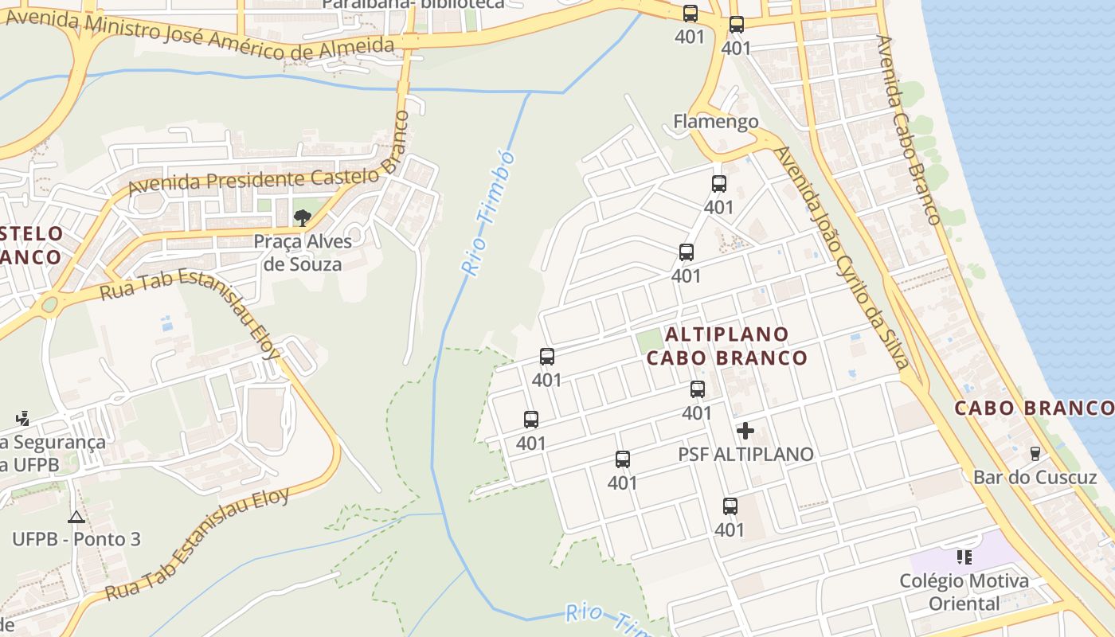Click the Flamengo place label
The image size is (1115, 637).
click(716, 122)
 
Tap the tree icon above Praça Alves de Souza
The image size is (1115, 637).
click(302, 217)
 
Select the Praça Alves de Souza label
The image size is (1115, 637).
click(303, 252)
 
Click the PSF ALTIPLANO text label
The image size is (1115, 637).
click(745, 454)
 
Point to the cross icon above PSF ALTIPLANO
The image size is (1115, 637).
click(745, 431)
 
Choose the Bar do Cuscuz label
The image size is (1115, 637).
click(1035, 477)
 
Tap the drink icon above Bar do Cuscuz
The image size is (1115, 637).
click(1035, 454)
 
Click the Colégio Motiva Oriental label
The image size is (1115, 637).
click(964, 592)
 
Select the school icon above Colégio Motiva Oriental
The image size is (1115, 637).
click(964, 557)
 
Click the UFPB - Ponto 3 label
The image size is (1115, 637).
click(76, 539)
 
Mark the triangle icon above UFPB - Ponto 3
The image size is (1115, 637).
click(76, 518)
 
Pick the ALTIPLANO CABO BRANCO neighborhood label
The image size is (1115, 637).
click(726, 346)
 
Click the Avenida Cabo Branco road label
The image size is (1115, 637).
click(909, 129)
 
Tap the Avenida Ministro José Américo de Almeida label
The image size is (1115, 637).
click(199, 35)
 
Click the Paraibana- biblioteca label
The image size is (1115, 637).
click(413, 4)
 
